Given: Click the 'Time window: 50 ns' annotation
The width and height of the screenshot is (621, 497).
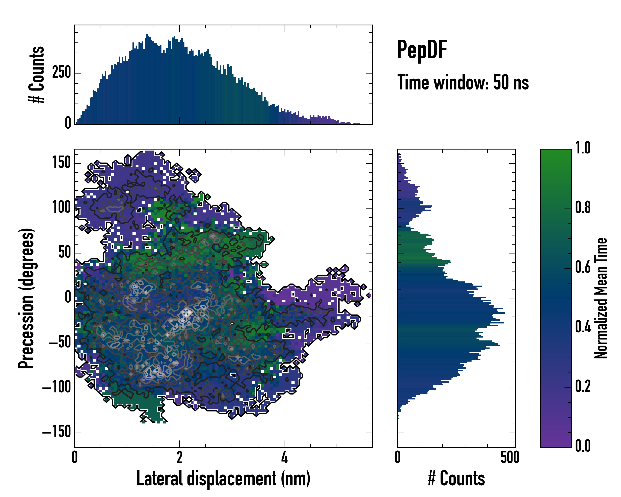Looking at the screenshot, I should (463, 82).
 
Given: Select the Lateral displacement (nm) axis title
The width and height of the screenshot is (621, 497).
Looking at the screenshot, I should (223, 479).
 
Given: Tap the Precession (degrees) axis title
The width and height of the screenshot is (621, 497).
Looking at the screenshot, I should (26, 298).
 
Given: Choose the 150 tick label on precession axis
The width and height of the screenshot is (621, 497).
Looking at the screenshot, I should (61, 163).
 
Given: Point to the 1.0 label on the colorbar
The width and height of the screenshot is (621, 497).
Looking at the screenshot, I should (583, 148).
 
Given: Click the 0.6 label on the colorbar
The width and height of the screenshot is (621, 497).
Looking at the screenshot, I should (583, 267).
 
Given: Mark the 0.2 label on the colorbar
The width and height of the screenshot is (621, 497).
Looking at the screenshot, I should (583, 386).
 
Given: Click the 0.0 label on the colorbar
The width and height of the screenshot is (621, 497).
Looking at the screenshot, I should (583, 446).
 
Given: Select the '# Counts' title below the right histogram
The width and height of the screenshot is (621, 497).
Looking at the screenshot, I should (456, 479).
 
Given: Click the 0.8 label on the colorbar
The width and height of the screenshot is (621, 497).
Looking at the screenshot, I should (583, 207).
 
